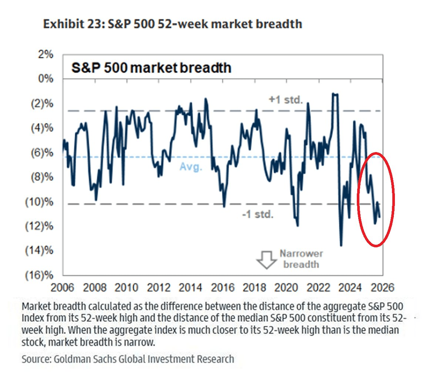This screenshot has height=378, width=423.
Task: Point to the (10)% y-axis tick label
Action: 39,202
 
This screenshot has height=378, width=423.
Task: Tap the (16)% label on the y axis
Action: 39,275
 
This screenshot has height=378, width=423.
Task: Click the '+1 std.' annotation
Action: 286,100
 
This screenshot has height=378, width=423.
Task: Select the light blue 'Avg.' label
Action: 191,167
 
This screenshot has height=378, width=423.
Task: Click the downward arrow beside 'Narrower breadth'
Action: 267,260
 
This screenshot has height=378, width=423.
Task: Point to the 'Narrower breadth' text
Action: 301,259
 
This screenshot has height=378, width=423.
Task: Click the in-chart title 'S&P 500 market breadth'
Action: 151,68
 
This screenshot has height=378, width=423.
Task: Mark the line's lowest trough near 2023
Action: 341,245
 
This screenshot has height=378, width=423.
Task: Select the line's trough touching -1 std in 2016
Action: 224,206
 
